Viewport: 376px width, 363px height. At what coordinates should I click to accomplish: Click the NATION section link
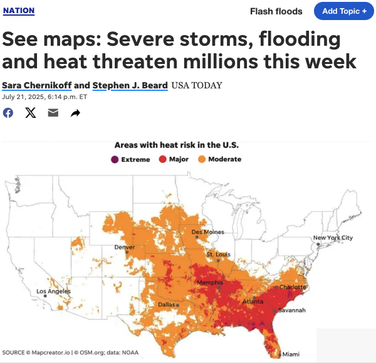click(19, 11)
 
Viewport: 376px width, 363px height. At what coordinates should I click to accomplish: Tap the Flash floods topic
click(276, 11)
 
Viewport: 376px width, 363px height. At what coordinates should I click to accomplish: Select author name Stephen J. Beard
click(130, 85)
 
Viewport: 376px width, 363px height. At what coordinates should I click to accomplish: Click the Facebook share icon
click(8, 113)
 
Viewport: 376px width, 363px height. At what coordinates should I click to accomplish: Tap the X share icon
click(31, 113)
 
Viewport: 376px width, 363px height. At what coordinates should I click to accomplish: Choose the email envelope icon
click(53, 113)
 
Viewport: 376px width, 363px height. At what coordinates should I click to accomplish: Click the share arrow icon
click(75, 113)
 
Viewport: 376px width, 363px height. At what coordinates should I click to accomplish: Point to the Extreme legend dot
click(115, 159)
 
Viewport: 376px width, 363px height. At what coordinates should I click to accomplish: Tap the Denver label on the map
click(124, 247)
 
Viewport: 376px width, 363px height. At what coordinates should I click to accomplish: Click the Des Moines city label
click(207, 232)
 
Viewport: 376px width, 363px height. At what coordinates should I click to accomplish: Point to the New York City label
click(333, 238)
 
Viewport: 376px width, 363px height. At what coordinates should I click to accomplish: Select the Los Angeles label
click(53, 292)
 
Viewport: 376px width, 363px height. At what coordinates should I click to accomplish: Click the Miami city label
click(291, 354)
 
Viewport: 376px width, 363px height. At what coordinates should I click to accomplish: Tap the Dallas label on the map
click(166, 305)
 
